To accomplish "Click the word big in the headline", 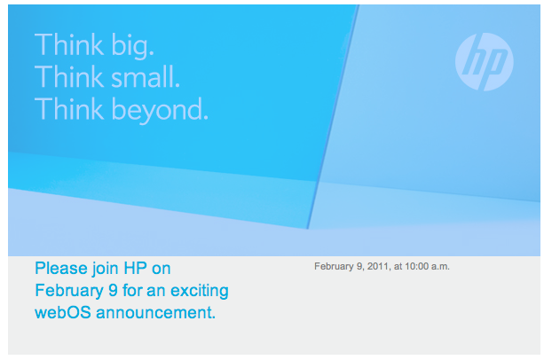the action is (x=132, y=47).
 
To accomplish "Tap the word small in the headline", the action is (x=146, y=76).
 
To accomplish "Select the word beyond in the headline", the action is (x=160, y=110).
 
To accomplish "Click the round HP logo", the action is (x=485, y=62).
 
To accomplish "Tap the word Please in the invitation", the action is (x=61, y=268).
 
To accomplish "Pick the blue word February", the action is (x=69, y=291).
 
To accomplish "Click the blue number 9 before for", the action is (x=113, y=290).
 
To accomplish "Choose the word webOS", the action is (x=63, y=312).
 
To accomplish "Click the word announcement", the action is (x=156, y=313).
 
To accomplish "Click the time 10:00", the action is (x=417, y=266).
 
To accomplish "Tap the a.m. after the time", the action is (x=440, y=267).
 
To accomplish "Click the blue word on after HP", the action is (x=162, y=270).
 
